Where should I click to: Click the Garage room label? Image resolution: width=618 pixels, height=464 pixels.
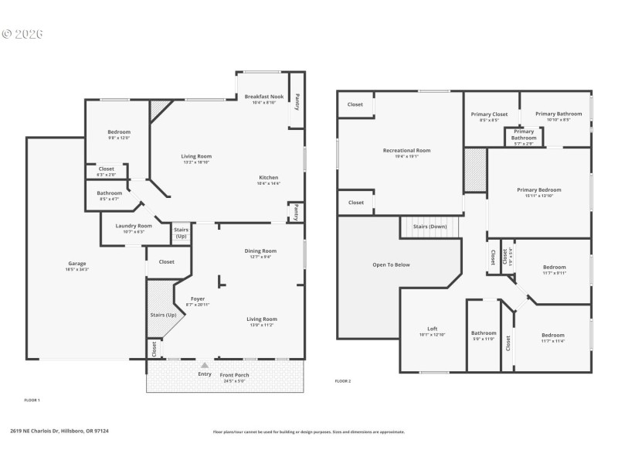point(77,264)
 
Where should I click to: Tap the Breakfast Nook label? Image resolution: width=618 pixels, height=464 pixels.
point(263,97)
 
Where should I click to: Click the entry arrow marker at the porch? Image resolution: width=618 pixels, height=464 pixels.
point(205,365)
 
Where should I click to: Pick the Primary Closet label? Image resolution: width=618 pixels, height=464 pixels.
point(489,114)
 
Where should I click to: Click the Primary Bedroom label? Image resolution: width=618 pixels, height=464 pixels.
point(538,189)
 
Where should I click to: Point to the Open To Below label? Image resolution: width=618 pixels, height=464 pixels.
point(391,264)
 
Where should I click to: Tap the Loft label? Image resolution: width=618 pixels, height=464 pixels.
point(433,329)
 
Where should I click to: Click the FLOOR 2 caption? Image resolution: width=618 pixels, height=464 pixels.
point(343,381)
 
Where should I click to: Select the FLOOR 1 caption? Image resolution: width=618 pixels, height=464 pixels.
point(32,400)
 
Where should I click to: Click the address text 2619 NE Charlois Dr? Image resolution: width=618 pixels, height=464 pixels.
point(59,432)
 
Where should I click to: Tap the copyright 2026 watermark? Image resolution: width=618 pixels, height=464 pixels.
point(22,34)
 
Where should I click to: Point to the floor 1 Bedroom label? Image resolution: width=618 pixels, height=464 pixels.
point(119,132)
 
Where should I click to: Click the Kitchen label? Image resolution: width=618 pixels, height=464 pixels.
point(269,177)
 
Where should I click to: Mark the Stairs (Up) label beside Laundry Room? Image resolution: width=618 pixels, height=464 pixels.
point(181,232)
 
